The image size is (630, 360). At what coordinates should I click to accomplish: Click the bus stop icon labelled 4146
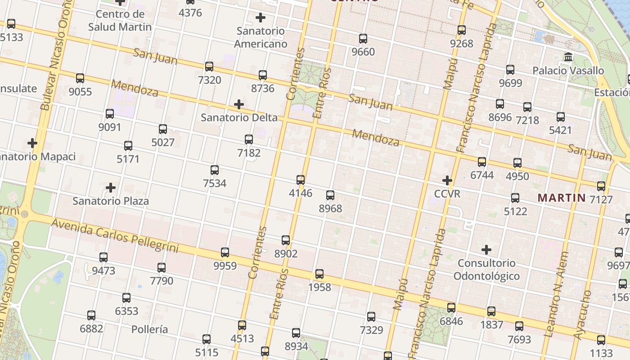pyautogui.click(x=301, y=180)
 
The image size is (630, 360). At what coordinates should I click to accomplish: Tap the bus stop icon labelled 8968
pyautogui.click(x=330, y=195)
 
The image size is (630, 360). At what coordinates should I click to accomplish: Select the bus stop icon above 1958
pyautogui.click(x=319, y=274)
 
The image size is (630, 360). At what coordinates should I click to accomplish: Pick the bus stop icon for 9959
pyautogui.click(x=225, y=252)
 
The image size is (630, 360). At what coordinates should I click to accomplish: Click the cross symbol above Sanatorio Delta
pyautogui.click(x=239, y=105)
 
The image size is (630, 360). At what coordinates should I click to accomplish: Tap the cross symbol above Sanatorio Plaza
pyautogui.click(x=111, y=188)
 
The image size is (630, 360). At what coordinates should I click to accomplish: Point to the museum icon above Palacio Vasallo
pyautogui.click(x=568, y=58)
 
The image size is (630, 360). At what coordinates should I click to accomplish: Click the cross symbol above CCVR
pyautogui.click(x=447, y=180)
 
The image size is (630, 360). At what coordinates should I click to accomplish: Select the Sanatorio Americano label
pyautogui.click(x=261, y=38)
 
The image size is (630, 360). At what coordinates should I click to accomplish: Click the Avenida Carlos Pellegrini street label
pyautogui.click(x=114, y=235)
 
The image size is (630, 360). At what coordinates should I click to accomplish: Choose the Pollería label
pyautogui.click(x=150, y=329)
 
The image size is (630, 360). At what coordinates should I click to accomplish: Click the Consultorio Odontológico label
pyautogui.click(x=486, y=269)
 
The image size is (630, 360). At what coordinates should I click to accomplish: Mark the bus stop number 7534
pyautogui.click(x=215, y=184)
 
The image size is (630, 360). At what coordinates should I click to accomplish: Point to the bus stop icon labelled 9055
pyautogui.click(x=80, y=78)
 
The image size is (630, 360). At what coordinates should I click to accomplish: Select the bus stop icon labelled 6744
pyautogui.click(x=482, y=162)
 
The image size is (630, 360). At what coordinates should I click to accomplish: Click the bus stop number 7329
pyautogui.click(x=371, y=330)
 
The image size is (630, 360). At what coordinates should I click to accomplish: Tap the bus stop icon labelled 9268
pyautogui.click(x=462, y=31)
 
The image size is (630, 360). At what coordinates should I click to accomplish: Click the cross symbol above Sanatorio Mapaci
pyautogui.click(x=32, y=144)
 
